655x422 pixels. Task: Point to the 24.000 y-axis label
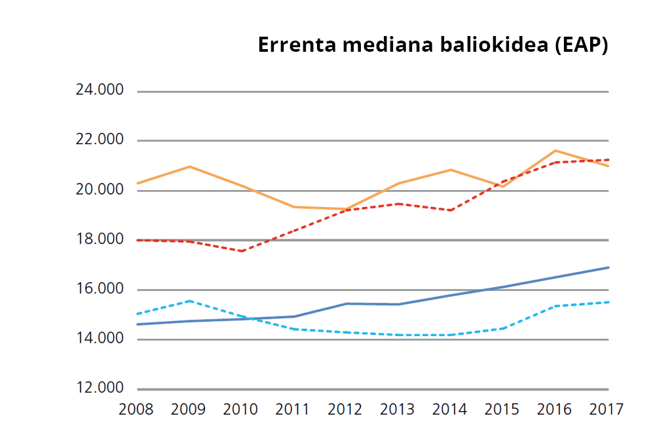click(100, 90)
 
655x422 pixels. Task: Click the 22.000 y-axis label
click(100, 140)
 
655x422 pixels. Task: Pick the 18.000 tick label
click(100, 240)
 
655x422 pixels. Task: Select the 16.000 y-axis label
click(100, 290)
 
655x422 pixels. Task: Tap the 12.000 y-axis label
click(100, 389)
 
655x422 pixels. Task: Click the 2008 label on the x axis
click(136, 410)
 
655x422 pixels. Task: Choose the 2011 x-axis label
click(293, 410)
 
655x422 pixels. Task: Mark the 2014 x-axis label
click(451, 410)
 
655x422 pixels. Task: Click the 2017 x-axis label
click(606, 410)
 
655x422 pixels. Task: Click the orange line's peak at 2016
click(555, 151)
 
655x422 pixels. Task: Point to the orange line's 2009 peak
click(189, 166)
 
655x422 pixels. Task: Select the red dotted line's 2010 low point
click(242, 251)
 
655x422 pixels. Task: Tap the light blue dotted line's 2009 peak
click(189, 301)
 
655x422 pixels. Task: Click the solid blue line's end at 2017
click(608, 267)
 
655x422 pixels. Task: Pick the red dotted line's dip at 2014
click(451, 210)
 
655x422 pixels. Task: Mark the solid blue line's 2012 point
click(346, 303)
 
